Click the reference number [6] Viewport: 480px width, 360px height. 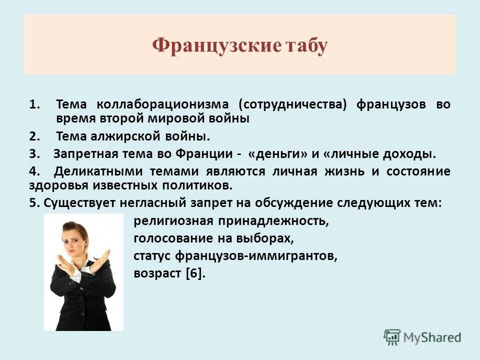click(195, 273)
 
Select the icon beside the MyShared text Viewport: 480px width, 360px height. click(392, 337)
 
